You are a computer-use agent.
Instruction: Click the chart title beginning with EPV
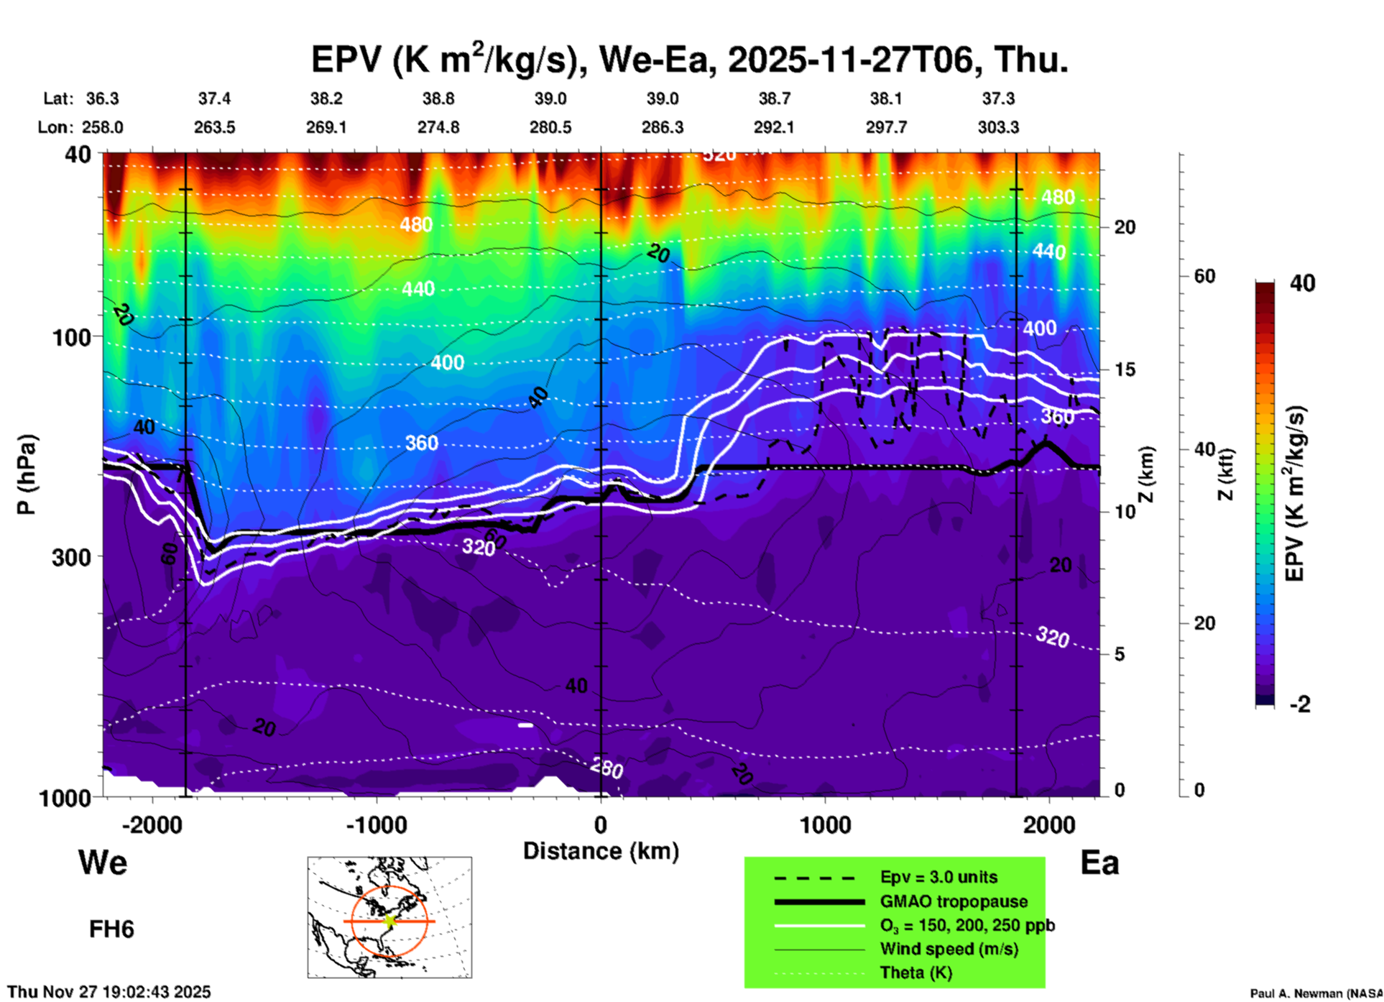tap(689, 59)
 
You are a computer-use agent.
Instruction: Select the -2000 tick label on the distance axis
tap(152, 825)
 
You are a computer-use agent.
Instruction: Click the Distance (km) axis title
tap(601, 851)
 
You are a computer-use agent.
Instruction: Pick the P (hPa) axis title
tap(27, 474)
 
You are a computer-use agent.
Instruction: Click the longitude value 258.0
tap(101, 127)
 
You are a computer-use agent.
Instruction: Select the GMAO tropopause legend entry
tap(954, 901)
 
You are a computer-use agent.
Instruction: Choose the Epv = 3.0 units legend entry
tap(938, 877)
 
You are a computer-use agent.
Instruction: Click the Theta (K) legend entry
tap(915, 973)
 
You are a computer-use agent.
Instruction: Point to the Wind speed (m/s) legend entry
tap(949, 949)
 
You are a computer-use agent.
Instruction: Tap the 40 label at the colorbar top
tap(1302, 283)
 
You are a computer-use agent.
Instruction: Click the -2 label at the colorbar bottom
tap(1300, 704)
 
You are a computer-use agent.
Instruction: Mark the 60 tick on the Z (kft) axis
tap(1204, 276)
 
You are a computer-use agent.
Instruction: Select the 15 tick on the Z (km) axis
tap(1125, 369)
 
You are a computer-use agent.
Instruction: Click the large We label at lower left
tap(103, 862)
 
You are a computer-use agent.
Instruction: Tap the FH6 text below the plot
tap(111, 929)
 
